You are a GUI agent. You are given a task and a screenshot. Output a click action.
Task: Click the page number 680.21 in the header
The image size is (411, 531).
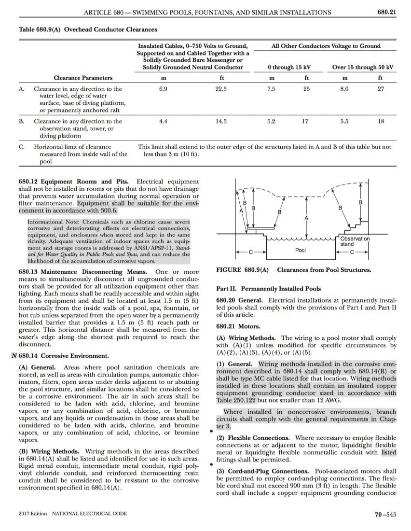pyautogui.click(x=386, y=12)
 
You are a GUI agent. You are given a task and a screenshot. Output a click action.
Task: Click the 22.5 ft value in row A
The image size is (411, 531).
pyautogui.click(x=220, y=89)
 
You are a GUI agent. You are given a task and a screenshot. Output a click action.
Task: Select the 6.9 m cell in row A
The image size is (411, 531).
pyautogui.click(x=163, y=89)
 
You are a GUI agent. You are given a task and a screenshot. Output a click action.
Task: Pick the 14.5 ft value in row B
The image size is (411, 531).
pyautogui.click(x=220, y=122)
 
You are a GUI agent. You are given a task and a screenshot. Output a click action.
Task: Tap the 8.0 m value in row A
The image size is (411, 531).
pyautogui.click(x=344, y=89)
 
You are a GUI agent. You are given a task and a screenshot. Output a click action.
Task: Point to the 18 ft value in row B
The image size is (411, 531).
pyautogui.click(x=381, y=122)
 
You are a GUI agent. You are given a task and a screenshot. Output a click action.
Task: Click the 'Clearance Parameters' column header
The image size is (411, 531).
pyautogui.click(x=83, y=78)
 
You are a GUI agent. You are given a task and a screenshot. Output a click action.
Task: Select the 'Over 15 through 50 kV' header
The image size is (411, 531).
pyautogui.click(x=363, y=67)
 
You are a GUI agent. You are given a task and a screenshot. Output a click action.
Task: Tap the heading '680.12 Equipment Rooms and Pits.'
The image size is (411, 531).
pyautogui.click(x=75, y=182)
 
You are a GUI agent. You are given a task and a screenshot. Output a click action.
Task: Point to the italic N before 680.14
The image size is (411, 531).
pyautogui.click(x=14, y=356)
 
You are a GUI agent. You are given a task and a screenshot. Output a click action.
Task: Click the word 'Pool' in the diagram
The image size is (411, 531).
pyautogui.click(x=301, y=251)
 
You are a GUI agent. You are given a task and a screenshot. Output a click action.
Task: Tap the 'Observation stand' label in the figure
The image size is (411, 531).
pyautogui.click(x=355, y=241)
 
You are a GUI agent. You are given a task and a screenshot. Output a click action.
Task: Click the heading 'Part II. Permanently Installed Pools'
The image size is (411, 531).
pyautogui.click(x=269, y=289)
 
